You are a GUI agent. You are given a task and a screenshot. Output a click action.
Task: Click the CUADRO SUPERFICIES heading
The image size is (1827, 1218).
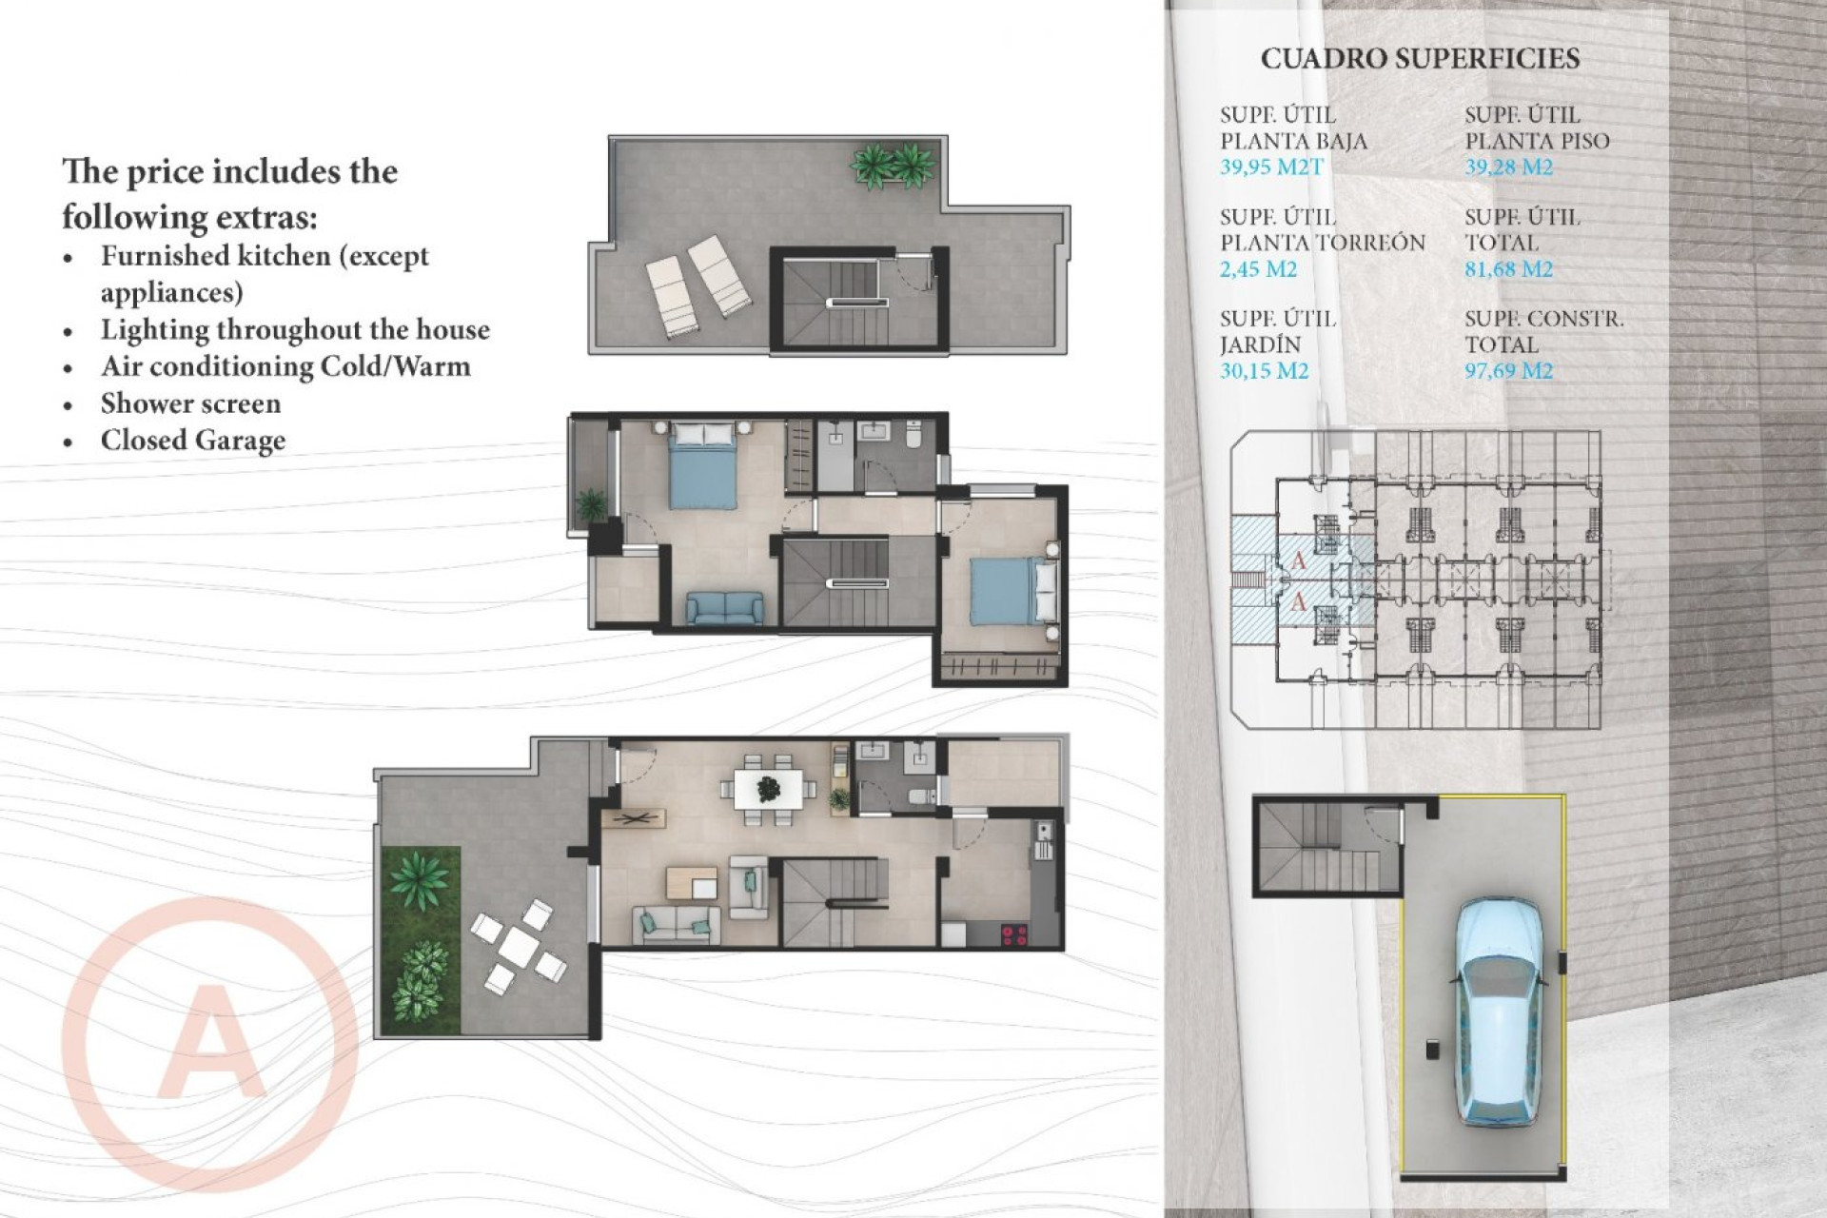[1420, 59]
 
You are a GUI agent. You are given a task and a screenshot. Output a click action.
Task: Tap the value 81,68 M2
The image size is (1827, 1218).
[1508, 269]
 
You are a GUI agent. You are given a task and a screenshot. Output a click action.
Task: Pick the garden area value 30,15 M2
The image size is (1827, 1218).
[1264, 371]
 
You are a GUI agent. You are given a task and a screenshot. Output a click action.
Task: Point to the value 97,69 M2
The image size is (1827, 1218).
[1508, 371]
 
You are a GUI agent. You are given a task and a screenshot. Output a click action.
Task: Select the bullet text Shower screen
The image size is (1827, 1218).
[190, 403]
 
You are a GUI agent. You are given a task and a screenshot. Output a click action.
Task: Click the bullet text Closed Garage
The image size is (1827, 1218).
[193, 441]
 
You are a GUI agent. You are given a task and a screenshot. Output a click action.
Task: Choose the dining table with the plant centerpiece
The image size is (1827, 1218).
[768, 789]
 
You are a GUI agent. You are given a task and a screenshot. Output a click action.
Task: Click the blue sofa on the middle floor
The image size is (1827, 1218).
[724, 607]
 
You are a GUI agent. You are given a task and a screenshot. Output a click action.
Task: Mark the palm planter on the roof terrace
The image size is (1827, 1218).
[893, 166]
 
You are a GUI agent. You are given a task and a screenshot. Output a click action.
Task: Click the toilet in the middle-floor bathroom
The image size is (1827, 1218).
[913, 437]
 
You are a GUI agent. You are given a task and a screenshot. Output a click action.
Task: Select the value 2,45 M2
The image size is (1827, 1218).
[1258, 269]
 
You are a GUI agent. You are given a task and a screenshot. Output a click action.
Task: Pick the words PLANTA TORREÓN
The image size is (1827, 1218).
[1322, 243]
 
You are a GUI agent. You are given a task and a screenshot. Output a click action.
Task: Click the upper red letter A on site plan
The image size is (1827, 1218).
[1299, 561]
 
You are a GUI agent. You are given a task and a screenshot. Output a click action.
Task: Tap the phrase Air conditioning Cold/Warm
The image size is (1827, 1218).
[285, 366]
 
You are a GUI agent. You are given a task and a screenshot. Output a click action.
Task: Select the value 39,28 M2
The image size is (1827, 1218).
[1508, 167]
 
